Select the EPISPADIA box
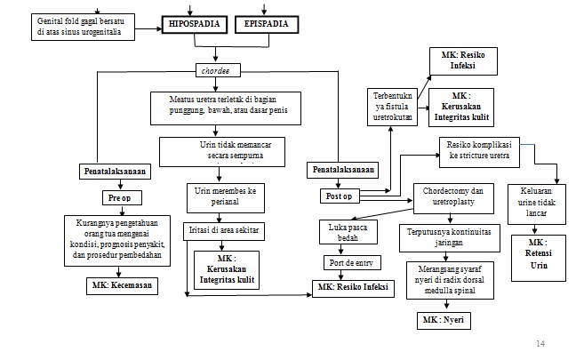[x=267, y=26]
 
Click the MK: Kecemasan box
[x=120, y=286]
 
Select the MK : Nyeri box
[x=444, y=318]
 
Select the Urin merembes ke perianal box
[x=227, y=196]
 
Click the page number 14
[x=541, y=342]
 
